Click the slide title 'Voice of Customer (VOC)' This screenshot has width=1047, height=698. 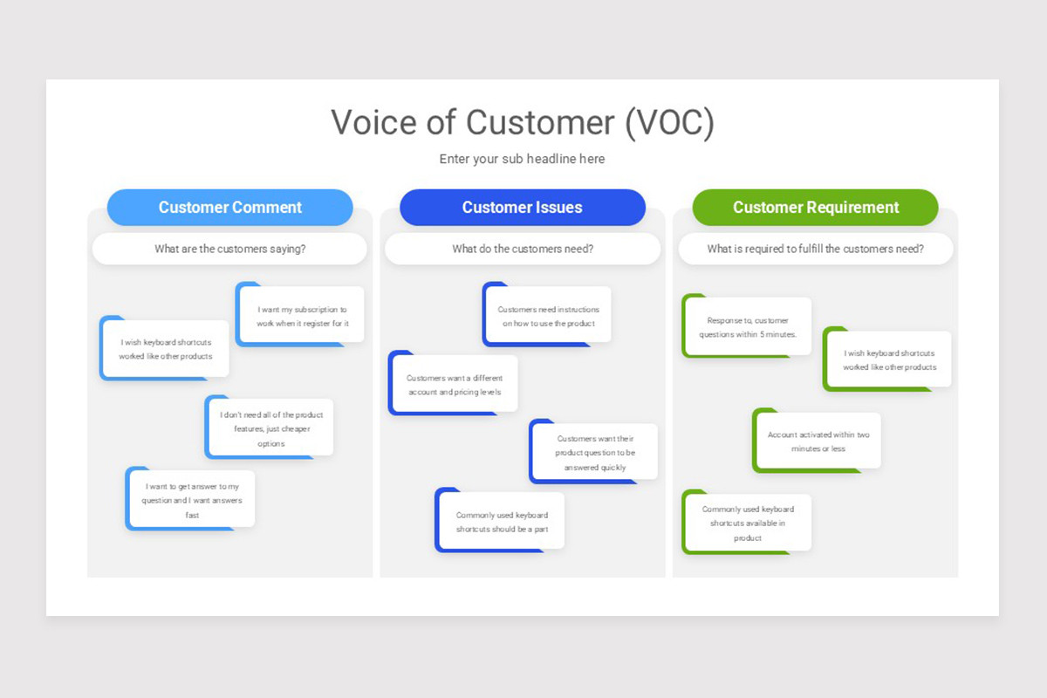522,122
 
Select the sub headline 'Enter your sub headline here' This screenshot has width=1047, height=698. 522,159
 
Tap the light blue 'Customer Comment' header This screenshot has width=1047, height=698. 230,208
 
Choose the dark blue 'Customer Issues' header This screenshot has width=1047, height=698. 522,208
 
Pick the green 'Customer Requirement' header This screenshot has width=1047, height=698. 815,208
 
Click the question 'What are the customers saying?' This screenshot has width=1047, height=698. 230,249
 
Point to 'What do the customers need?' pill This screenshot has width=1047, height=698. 522,249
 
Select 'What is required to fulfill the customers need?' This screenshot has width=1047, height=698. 815,249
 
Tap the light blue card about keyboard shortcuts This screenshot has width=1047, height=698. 166,349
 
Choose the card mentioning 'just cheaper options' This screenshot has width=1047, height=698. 270,428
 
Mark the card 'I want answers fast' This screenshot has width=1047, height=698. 192,500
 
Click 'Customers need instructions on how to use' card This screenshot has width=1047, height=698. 548,316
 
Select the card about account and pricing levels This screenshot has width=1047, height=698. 454,385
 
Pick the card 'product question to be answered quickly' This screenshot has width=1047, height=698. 594,453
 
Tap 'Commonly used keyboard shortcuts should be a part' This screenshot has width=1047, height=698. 501,522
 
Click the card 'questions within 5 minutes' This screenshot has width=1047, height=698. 748,327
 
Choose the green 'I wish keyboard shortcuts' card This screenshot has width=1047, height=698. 889,360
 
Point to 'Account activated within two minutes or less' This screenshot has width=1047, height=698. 818,441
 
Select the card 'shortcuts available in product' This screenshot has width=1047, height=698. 748,523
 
